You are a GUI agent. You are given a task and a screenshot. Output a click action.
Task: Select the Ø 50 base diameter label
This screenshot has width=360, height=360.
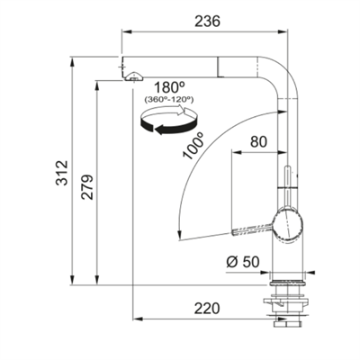[241, 265]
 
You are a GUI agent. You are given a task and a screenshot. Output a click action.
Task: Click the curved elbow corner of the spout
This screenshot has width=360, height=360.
[284, 72]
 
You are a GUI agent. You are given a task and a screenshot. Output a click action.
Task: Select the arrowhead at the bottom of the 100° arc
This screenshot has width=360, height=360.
[181, 235]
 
